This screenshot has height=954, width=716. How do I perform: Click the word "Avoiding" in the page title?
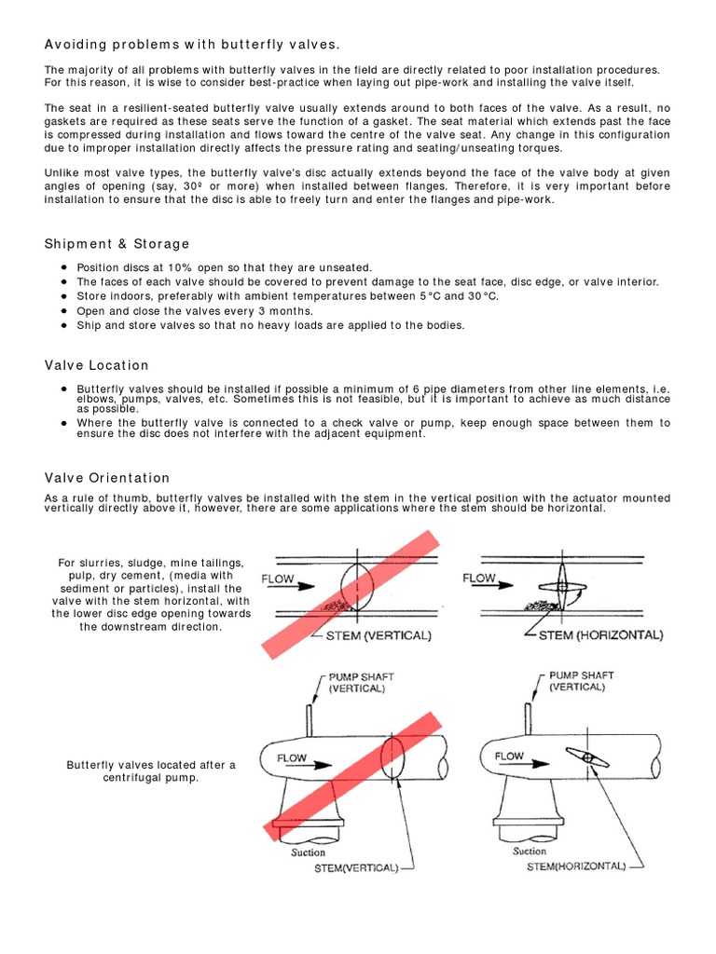pos(76,45)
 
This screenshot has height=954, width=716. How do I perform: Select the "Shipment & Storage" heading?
pos(117,244)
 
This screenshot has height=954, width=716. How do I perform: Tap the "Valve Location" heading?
pos(96,365)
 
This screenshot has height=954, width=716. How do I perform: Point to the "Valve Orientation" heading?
pos(107,478)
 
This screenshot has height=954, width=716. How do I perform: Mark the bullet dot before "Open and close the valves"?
pos(62,311)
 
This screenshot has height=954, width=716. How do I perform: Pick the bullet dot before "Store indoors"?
pos(62,296)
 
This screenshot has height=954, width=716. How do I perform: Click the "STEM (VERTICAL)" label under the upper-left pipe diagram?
pos(377,635)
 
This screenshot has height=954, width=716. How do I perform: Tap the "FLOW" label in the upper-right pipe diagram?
pos(480,579)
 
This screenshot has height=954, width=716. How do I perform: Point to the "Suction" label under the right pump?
pos(530,851)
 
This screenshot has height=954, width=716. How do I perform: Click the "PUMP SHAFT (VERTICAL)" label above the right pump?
pos(582,679)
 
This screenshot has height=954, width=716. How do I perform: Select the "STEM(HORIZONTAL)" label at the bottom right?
pos(575,865)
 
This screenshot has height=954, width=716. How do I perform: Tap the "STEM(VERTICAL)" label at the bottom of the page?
pos(355,866)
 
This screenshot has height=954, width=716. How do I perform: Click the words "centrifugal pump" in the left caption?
pos(151,778)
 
